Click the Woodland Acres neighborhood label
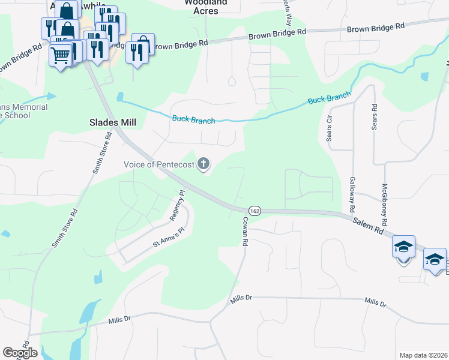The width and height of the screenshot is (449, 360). (x=206, y=7)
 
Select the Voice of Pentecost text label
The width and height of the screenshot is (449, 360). (x=159, y=164)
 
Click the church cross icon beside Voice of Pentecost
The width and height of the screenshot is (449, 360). (x=204, y=164)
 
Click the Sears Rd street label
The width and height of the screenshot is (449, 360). (x=374, y=117)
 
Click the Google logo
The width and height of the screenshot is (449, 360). (x=20, y=352)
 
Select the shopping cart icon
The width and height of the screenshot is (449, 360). (x=60, y=56)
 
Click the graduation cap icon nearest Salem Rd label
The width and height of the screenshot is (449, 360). (x=403, y=246)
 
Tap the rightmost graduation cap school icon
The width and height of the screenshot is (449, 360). (x=435, y=259)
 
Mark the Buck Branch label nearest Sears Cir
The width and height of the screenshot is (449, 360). (x=330, y=98)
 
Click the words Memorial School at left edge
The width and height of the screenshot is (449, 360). (x=24, y=111)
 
